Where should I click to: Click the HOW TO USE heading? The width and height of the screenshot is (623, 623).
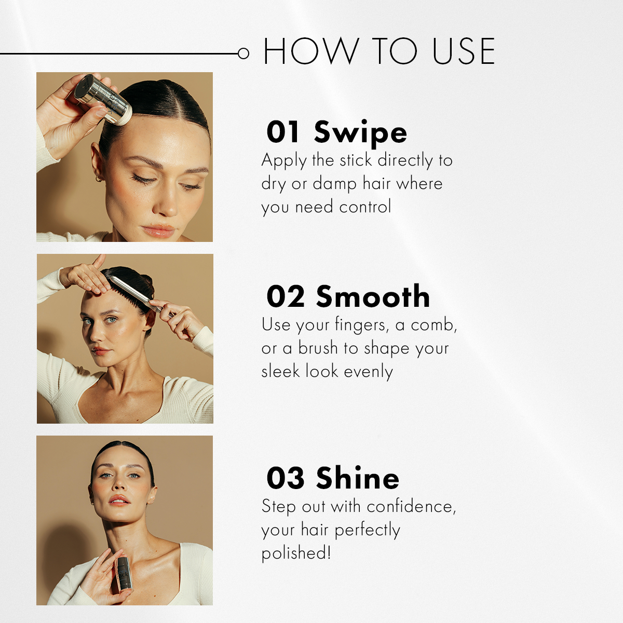point(379,51)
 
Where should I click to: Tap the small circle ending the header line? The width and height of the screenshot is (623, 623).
point(243,53)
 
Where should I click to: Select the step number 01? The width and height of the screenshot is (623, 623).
point(283,132)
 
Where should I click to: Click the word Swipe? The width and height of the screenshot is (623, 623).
point(360,133)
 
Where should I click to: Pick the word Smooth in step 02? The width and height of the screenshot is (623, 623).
point(373,296)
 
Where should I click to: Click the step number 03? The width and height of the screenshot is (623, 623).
point(285,478)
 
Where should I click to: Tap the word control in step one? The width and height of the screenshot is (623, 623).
point(365,207)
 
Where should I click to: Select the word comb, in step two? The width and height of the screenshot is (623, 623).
point(434,325)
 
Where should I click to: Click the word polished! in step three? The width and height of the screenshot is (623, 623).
point(296,553)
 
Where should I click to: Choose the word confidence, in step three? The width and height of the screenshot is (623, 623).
point(411,506)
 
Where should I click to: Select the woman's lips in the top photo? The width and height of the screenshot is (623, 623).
point(158,230)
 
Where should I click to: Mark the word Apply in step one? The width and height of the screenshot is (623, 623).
point(284,161)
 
